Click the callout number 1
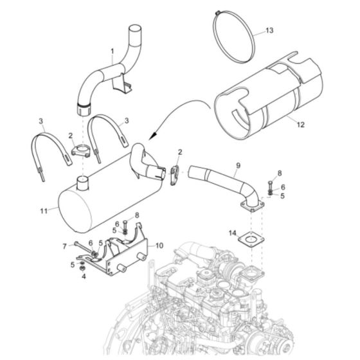(112, 50)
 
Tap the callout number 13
(269, 31)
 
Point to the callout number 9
(237, 165)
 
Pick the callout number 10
(159, 245)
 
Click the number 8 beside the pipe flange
(279, 173)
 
